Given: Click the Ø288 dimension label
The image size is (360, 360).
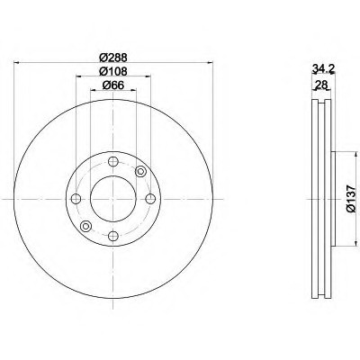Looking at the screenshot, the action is [x=113, y=57].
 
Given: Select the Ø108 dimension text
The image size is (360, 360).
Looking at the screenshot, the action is [x=113, y=71].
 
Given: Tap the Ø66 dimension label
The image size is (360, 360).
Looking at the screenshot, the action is [x=113, y=85].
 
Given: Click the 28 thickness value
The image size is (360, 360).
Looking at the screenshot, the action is [x=320, y=85].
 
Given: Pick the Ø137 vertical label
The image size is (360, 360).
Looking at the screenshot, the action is [x=351, y=199].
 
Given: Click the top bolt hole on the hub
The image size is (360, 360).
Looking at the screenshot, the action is [x=113, y=162].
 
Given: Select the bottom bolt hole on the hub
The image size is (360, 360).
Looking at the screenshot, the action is [x=113, y=236].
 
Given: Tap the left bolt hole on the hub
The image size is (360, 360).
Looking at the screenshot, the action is [x=76, y=199].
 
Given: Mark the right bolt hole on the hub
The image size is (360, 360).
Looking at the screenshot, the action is [x=150, y=199].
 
